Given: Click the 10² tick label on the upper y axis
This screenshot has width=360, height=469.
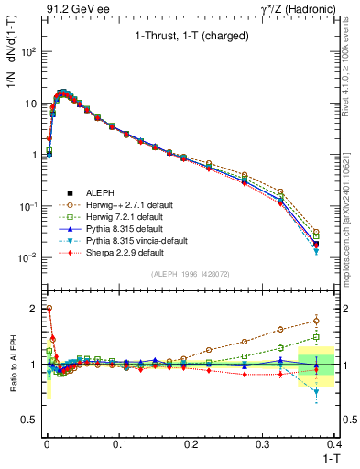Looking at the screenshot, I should [31, 52].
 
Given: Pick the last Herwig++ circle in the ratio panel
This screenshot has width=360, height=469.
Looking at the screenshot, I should [316, 320].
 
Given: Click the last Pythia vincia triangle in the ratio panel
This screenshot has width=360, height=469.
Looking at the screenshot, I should [316, 391].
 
